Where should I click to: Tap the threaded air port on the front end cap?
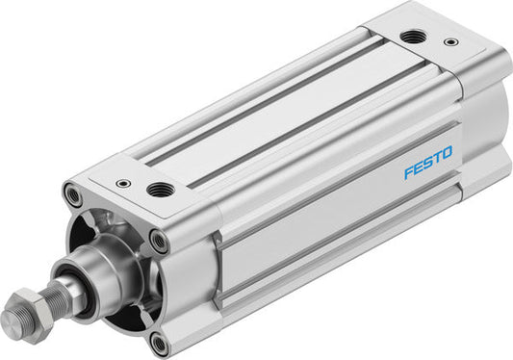point(160,190)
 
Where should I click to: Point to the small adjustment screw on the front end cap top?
point(122,182)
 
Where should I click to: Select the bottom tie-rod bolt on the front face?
point(157,341)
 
